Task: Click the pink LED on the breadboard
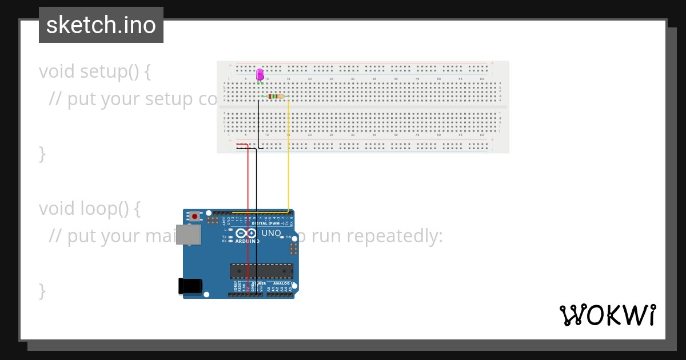(260, 74)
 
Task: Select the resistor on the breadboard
(276, 97)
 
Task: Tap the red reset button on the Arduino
(195, 217)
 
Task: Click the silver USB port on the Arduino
(188, 234)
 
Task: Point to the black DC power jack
(190, 286)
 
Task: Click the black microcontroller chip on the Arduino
(261, 271)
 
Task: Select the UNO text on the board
(271, 233)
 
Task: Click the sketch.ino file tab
(101, 25)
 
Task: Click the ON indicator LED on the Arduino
(282, 237)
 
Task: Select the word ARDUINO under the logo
(247, 241)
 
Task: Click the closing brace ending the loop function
(42, 291)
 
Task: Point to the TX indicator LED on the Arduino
(230, 237)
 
